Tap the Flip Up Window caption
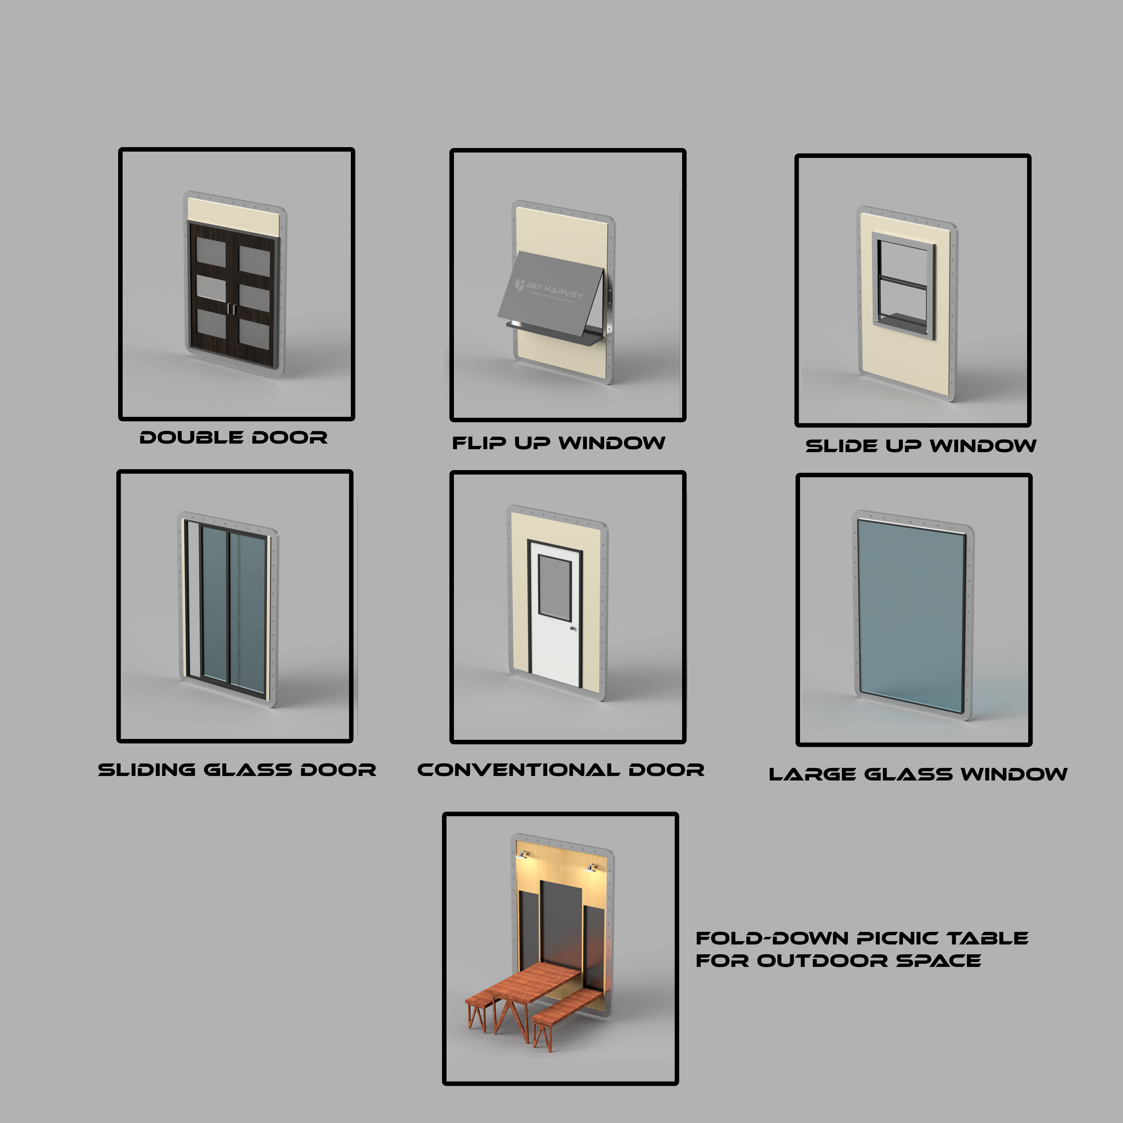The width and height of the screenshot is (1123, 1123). point(559,443)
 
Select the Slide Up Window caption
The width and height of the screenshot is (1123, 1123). point(921,446)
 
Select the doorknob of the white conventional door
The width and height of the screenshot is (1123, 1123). point(573,628)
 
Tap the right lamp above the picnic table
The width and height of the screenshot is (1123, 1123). point(592,868)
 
